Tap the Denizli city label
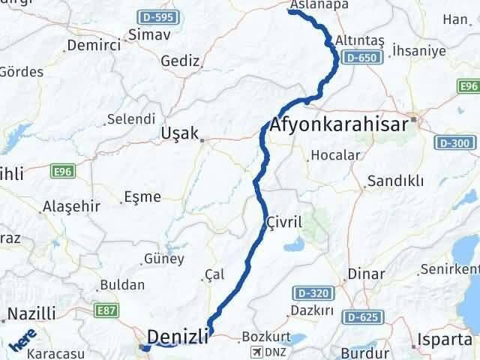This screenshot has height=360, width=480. coord(178,337)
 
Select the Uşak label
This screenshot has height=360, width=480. coord(179,133)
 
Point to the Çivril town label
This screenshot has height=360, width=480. coord(283,223)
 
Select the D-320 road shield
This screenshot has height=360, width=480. coord(309,292)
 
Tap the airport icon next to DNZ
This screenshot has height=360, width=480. coord(258,351)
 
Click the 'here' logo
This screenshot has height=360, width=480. coord(22,341)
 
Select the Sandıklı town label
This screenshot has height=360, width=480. coord(395,181)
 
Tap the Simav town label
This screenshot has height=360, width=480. coord(150,34)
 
